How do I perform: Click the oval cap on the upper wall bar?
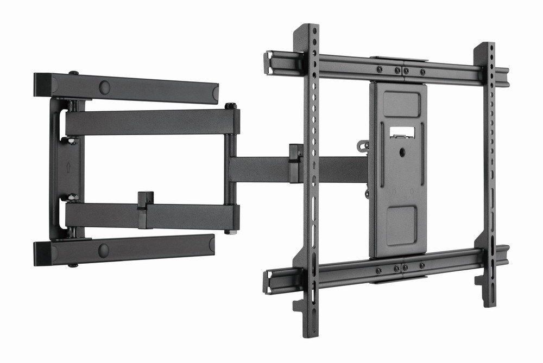tap(103, 86)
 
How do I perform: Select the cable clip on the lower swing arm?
tap(143, 202)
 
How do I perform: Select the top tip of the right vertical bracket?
tap(487, 46)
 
